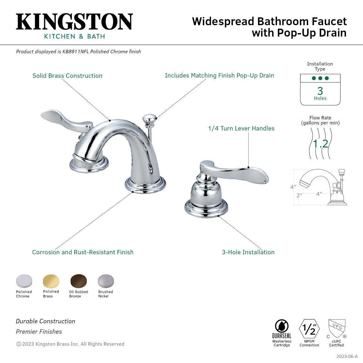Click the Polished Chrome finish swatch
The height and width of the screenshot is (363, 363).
[24, 281]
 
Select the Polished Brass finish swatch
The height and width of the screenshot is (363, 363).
[51, 281]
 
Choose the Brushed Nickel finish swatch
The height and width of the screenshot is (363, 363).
[106, 281]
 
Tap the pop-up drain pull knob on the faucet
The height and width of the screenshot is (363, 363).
[149, 119]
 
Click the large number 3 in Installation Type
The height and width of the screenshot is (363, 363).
[320, 91]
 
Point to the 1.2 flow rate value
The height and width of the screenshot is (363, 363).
[320, 144]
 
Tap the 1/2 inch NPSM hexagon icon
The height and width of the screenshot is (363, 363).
[309, 329]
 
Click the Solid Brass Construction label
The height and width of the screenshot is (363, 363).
[67, 76]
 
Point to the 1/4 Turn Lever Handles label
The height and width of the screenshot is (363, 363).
[241, 128]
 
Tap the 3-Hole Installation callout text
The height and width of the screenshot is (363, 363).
[248, 252]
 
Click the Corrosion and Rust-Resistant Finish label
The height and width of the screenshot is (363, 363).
[83, 252]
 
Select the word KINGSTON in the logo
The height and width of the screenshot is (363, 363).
[74, 22]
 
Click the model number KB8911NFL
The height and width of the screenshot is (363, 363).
[76, 52]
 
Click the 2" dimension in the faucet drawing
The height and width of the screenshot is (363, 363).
[299, 195]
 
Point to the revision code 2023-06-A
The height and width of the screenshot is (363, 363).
[347, 356]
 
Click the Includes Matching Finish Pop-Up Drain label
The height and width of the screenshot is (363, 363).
[219, 75]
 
